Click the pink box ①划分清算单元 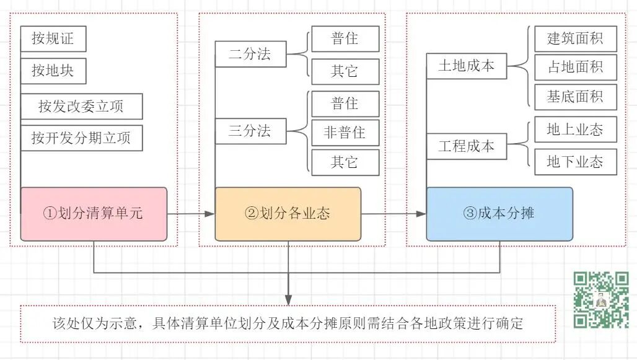click(94, 214)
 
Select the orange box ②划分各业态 click(288, 214)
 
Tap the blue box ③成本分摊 click(499, 214)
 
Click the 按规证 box click(53, 39)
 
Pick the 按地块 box click(53, 71)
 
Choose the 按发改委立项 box click(81, 106)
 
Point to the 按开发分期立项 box click(81, 138)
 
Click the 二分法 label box click(250, 55)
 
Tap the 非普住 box click(345, 133)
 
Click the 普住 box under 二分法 click(345, 38)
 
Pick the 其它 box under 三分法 click(345, 163)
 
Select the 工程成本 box click(467, 147)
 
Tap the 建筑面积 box click(575, 38)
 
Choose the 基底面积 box click(575, 97)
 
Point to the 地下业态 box click(575, 162)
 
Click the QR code click(601, 300)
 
